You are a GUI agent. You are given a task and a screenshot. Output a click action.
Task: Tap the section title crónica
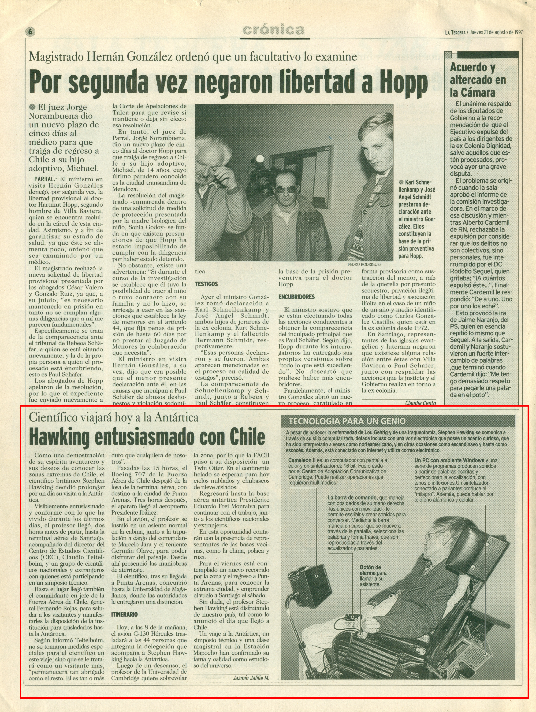pos(274,30)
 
